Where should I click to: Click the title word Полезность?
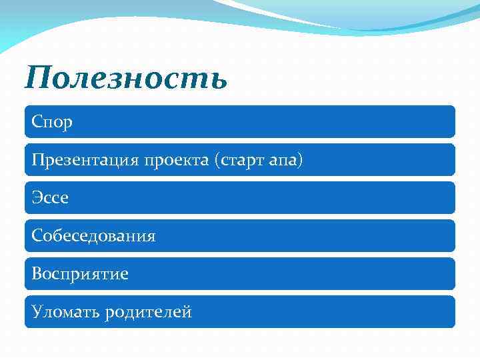[x=126, y=78]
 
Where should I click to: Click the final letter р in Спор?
[x=68, y=125]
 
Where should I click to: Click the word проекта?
[x=177, y=161]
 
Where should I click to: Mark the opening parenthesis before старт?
[x=217, y=161]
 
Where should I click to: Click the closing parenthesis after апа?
[x=300, y=161]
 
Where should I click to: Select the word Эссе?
[x=51, y=199]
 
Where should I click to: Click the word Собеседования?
[x=94, y=236]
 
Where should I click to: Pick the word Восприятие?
[x=81, y=274]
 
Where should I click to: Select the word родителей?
[x=148, y=312]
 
